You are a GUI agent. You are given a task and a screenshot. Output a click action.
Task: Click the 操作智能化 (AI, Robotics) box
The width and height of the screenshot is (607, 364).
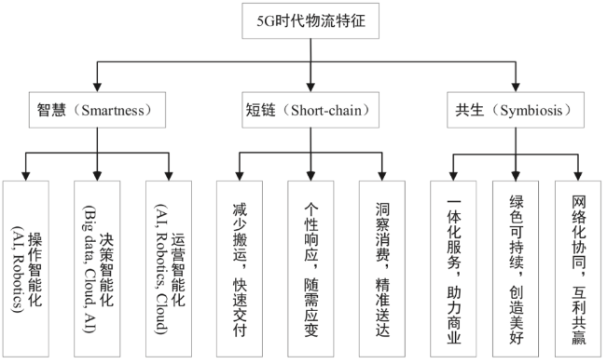(29, 266)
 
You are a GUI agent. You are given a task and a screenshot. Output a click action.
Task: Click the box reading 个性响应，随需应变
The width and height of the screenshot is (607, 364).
(310, 266)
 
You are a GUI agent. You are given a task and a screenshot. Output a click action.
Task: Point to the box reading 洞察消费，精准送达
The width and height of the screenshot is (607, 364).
(382, 266)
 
